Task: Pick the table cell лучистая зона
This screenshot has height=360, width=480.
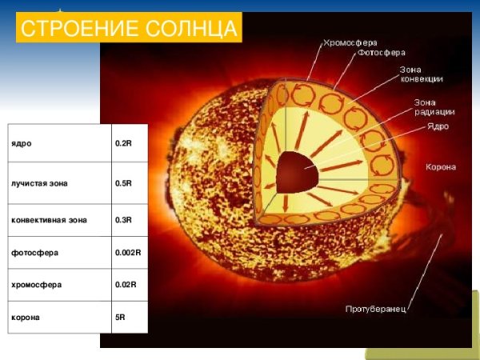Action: click(x=39, y=183)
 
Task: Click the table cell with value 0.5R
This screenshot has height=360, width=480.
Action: click(x=123, y=183)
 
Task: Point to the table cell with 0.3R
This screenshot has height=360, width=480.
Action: click(x=123, y=218)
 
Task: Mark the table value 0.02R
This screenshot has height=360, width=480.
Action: click(x=126, y=285)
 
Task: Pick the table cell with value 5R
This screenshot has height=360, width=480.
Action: click(x=120, y=317)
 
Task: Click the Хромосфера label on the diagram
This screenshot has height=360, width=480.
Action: click(x=350, y=42)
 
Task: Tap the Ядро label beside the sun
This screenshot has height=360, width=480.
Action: click(x=437, y=126)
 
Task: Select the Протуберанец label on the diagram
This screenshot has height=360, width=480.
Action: click(x=375, y=309)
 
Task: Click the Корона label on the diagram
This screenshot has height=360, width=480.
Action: click(x=440, y=167)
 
